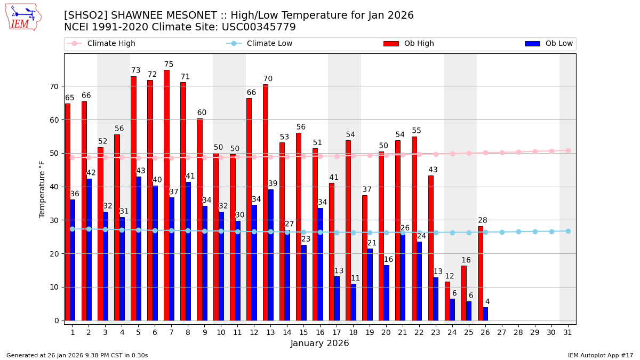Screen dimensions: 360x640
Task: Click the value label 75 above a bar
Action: click(169, 65)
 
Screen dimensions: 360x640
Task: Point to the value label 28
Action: click(483, 220)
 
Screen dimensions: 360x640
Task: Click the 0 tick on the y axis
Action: click(56, 321)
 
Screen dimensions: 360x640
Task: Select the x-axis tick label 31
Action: click(568, 332)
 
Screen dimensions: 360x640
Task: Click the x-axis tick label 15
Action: click(303, 332)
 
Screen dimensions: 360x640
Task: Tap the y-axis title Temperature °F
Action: click(43, 189)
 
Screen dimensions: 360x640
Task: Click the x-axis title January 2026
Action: click(320, 343)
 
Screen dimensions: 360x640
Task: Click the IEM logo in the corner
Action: click(23, 17)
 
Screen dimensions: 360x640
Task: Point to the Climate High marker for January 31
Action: click(568, 150)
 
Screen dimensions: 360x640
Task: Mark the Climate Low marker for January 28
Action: click(518, 231)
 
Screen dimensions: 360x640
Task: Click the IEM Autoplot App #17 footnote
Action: click(600, 355)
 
